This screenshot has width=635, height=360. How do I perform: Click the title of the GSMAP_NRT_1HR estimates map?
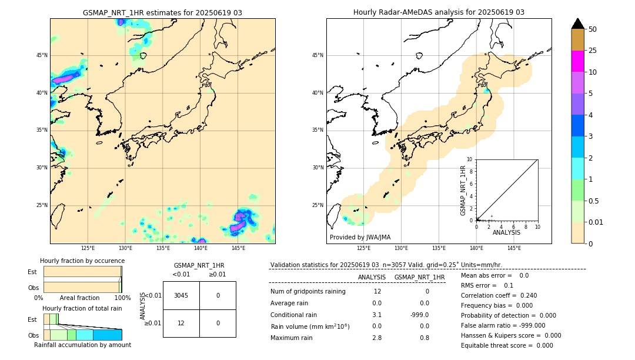pos(162,12)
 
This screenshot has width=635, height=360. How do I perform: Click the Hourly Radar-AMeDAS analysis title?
pos(439,12)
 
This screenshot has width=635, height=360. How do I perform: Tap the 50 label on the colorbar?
pos(593,29)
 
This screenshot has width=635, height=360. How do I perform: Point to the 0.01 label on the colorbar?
pos(596,222)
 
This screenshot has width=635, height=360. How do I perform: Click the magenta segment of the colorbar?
pos(577,61)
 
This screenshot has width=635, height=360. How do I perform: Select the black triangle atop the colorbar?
pos(577,24)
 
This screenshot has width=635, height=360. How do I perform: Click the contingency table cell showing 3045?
pos(181,295)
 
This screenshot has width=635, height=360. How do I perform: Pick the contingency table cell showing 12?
pos(181,323)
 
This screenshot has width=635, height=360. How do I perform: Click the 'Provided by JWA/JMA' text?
pos(360,238)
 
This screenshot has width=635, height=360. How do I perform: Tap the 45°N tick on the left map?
pos(41,55)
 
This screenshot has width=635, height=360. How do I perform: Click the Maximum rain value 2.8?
pos(377,338)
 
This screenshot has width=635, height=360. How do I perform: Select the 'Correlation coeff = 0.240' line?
pos(499,295)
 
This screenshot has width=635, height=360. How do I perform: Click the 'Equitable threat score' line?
pos(507,345)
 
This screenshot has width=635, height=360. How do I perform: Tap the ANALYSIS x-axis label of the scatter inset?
pos(506,233)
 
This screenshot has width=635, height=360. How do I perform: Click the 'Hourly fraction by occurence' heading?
pos(82,261)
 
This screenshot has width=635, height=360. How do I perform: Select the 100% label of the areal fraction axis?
pos(122,298)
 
